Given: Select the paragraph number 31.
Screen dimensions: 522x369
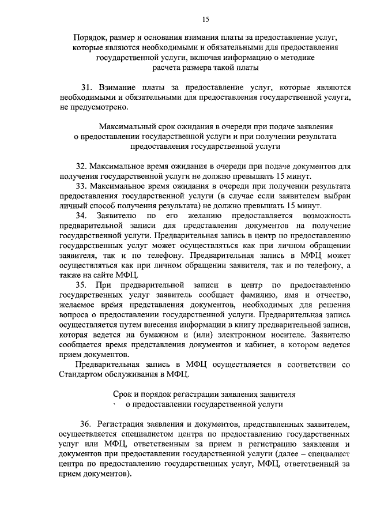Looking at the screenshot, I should pos(86,87).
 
